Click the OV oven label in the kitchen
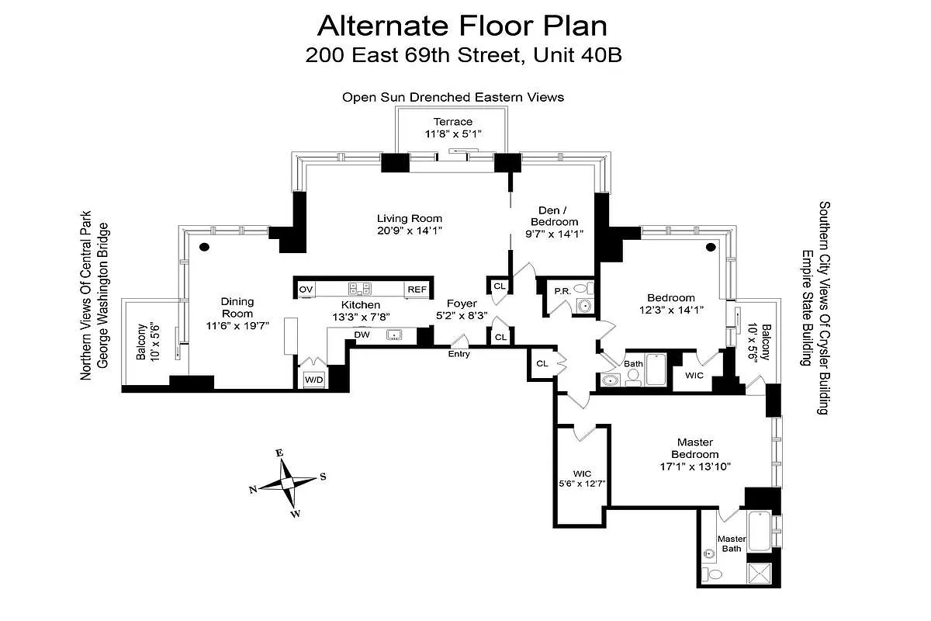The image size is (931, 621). pos(306,290)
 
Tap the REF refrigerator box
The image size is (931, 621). pos(417,290)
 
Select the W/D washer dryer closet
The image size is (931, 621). pos(313,380)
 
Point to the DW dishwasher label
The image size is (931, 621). pos(362,335)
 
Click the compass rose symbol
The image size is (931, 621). pos(288,482)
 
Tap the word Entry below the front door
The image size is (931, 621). pos(459,354)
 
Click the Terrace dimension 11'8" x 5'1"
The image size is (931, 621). pos(453,134)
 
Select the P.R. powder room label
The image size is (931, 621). pos(562,290)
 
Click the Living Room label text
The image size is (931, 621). pos(410,218)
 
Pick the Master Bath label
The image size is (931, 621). pos(731,543)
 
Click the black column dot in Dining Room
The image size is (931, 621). pos(205,248)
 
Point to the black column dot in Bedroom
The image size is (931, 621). pos(711,248)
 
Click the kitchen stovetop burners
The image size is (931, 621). pos(360,289)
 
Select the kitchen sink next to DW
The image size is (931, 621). pos(395,335)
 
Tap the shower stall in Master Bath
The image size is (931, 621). pos(756,574)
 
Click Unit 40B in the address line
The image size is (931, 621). pos(583,55)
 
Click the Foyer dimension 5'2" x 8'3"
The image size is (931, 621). pos(462,316)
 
